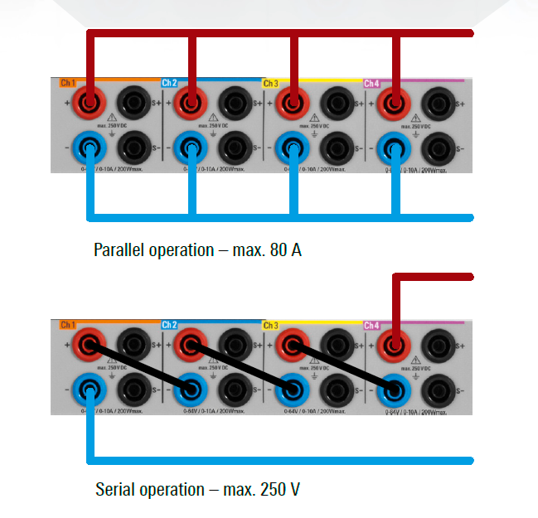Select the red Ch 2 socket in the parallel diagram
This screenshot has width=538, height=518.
(x=191, y=104)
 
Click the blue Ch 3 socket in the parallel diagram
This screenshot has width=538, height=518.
(x=291, y=149)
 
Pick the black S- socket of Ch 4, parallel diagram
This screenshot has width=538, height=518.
(x=437, y=149)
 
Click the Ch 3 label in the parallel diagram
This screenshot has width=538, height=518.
(x=270, y=84)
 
